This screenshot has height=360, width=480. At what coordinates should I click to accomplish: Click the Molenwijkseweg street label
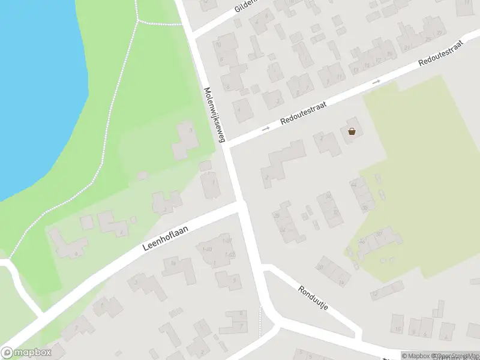[214, 115]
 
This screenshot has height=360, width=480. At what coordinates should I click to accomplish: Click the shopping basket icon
[352, 131]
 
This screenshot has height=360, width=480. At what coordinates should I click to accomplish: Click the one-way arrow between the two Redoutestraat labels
[376, 81]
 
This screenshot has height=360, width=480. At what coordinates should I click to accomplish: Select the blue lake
[30, 90]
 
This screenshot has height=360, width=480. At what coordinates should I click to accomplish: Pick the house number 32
[328, 196]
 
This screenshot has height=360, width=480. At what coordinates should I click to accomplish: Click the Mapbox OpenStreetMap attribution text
[440, 356]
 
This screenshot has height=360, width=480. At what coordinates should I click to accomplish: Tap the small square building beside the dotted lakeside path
[142, 176]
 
